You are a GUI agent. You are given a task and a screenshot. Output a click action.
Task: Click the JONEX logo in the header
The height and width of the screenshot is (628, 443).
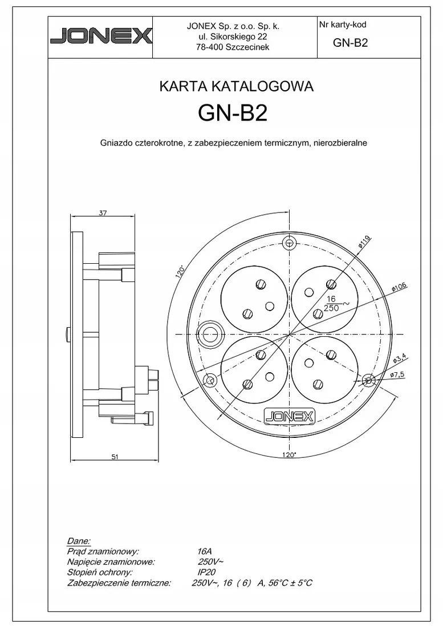point(101,36)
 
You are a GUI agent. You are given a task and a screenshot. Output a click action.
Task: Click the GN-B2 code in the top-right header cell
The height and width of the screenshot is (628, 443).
point(350,43)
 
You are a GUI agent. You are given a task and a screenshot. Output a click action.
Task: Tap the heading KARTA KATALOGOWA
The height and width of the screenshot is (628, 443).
point(236,87)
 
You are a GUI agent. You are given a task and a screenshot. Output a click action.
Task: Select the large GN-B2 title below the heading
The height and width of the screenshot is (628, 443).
point(233,114)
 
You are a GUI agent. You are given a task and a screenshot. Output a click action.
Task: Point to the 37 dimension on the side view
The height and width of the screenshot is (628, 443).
point(103,213)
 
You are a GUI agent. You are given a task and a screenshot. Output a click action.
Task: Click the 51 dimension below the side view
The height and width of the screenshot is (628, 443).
point(115,457)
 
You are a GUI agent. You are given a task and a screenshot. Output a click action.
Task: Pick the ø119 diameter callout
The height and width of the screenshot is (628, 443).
point(364,242)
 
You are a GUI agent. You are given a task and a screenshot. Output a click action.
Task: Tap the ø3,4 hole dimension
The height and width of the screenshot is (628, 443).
point(400,357)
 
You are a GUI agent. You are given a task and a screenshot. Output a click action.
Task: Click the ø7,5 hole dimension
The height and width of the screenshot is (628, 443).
point(397,375)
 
